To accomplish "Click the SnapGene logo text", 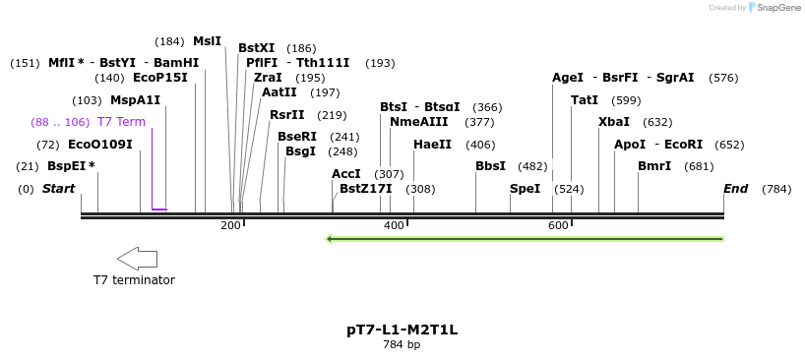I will (777, 8).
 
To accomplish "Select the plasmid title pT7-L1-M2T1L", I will (402, 330).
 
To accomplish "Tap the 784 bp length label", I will (402, 345).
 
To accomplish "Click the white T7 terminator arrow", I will (137, 259).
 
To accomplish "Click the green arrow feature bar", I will (525, 238).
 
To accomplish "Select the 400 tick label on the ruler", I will (394, 225).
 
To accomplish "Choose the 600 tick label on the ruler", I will (558, 225).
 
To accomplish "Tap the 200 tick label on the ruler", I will (230, 225).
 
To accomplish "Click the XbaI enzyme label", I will (614, 122).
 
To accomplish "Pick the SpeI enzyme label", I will (525, 189).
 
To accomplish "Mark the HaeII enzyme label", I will (432, 145).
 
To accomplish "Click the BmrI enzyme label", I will (654, 166).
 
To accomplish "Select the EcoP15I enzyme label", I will (159, 78).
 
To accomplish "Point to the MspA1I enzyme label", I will (135, 100).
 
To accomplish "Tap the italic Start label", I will (58, 189).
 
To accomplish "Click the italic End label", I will (735, 189).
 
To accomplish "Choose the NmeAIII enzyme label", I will (418, 122).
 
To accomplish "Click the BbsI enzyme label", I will (490, 166).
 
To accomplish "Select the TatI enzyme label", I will (585, 100).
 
